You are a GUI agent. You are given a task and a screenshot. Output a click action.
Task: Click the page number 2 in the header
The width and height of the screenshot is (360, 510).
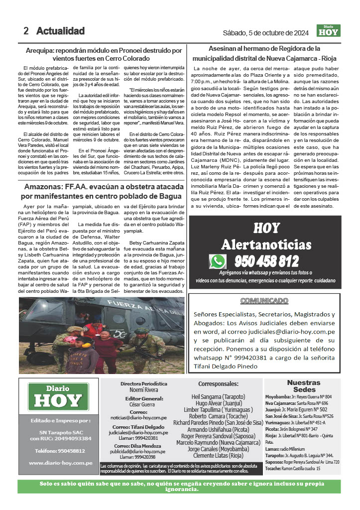(x=25, y=31)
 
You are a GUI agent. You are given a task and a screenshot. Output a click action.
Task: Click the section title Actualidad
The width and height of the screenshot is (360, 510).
(x=60, y=31)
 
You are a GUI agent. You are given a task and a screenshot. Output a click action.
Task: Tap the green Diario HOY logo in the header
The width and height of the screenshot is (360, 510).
(x=329, y=31)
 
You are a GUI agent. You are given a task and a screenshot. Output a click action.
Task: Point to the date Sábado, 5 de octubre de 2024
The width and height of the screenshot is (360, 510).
(x=266, y=33)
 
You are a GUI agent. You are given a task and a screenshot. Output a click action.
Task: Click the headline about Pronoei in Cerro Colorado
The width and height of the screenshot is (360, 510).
(x=104, y=54)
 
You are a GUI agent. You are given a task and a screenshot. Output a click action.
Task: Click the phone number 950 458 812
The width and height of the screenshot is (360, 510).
(x=266, y=261)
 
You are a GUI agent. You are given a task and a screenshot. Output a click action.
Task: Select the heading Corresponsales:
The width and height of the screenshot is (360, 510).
(x=219, y=384)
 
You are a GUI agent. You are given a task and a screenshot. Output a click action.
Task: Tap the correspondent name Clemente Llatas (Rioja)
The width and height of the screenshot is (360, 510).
(x=218, y=455)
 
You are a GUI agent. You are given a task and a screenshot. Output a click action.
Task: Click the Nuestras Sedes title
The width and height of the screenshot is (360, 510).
(x=304, y=386)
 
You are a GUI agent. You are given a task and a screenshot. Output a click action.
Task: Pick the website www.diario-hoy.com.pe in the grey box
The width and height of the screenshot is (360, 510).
(x=61, y=463)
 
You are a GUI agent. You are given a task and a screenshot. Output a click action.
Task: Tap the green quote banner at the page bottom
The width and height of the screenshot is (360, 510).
(x=180, y=486)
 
